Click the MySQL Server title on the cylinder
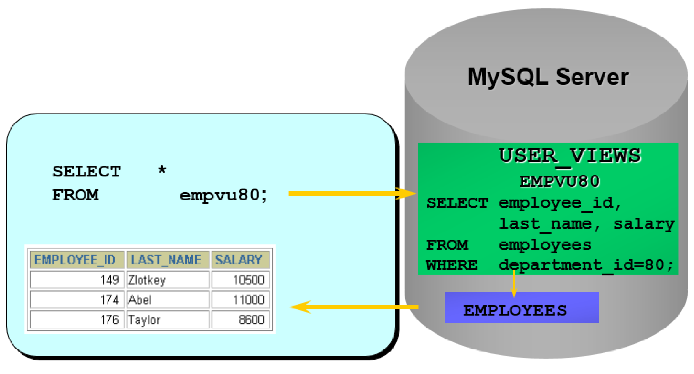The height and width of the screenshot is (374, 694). pyautogui.click(x=548, y=77)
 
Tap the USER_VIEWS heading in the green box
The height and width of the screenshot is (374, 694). pyautogui.click(x=570, y=156)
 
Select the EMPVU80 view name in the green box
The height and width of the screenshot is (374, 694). pyautogui.click(x=559, y=181)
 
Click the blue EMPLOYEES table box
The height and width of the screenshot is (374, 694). pyautogui.click(x=521, y=307)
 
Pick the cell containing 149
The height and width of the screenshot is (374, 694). pyautogui.click(x=77, y=280)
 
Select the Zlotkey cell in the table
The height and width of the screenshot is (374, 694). pyautogui.click(x=168, y=280)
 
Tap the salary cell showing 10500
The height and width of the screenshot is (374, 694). pyautogui.click(x=240, y=280)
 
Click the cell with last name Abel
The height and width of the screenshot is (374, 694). pyautogui.click(x=168, y=300)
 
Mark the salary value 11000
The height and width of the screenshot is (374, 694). pyautogui.click(x=240, y=300)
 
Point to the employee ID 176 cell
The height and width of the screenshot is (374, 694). pyautogui.click(x=77, y=320)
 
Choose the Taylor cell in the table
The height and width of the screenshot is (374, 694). pyautogui.click(x=168, y=320)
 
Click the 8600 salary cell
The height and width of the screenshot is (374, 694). pyautogui.click(x=240, y=320)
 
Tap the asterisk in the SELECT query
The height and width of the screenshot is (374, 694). pyautogui.click(x=162, y=169)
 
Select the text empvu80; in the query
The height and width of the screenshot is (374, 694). pyautogui.click(x=223, y=196)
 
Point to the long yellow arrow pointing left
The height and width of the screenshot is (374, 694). pyautogui.click(x=355, y=307)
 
